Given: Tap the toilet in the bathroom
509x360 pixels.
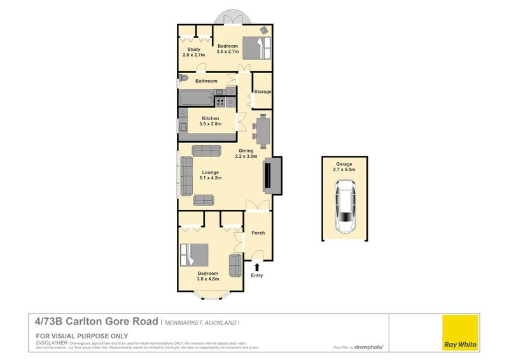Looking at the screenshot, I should click(183, 78).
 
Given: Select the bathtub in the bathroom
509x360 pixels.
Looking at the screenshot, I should click(196, 99).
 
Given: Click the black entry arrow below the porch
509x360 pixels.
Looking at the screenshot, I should click(257, 267).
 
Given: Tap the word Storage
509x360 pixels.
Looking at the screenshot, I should click(263, 92).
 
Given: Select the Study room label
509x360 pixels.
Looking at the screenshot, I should click(193, 50).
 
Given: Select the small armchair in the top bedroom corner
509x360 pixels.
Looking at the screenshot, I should click(264, 31).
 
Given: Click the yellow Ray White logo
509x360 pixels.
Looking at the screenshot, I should click(460, 332).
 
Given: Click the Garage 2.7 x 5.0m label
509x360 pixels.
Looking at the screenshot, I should click(344, 167).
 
